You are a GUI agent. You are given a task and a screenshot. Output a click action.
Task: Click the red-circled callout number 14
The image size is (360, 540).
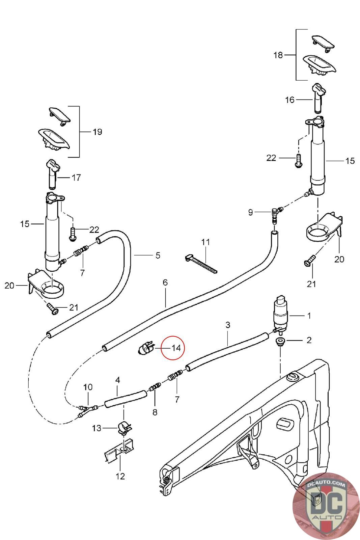pyautogui.click(x=176, y=348)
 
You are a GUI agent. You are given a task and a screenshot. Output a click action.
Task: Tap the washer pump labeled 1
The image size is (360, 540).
pyautogui.click(x=280, y=315)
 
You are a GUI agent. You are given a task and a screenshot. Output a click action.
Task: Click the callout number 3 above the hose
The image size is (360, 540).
pyautogui.click(x=228, y=325)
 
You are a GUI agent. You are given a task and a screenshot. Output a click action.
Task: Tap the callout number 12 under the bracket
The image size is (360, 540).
pyautogui.click(x=120, y=476)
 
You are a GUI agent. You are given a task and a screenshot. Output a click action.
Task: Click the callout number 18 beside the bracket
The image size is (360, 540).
pyautogui.click(x=278, y=55)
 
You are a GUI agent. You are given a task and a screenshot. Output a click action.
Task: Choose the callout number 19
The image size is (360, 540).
pyautogui.click(x=98, y=132)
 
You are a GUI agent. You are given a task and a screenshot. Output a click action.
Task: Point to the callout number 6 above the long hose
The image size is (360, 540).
pyautogui.click(x=165, y=282)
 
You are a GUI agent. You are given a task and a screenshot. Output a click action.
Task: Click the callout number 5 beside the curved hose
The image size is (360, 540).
pyautogui.click(x=158, y=255)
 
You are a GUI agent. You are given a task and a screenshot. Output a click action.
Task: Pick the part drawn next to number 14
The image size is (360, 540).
pyautogui.click(x=146, y=348)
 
